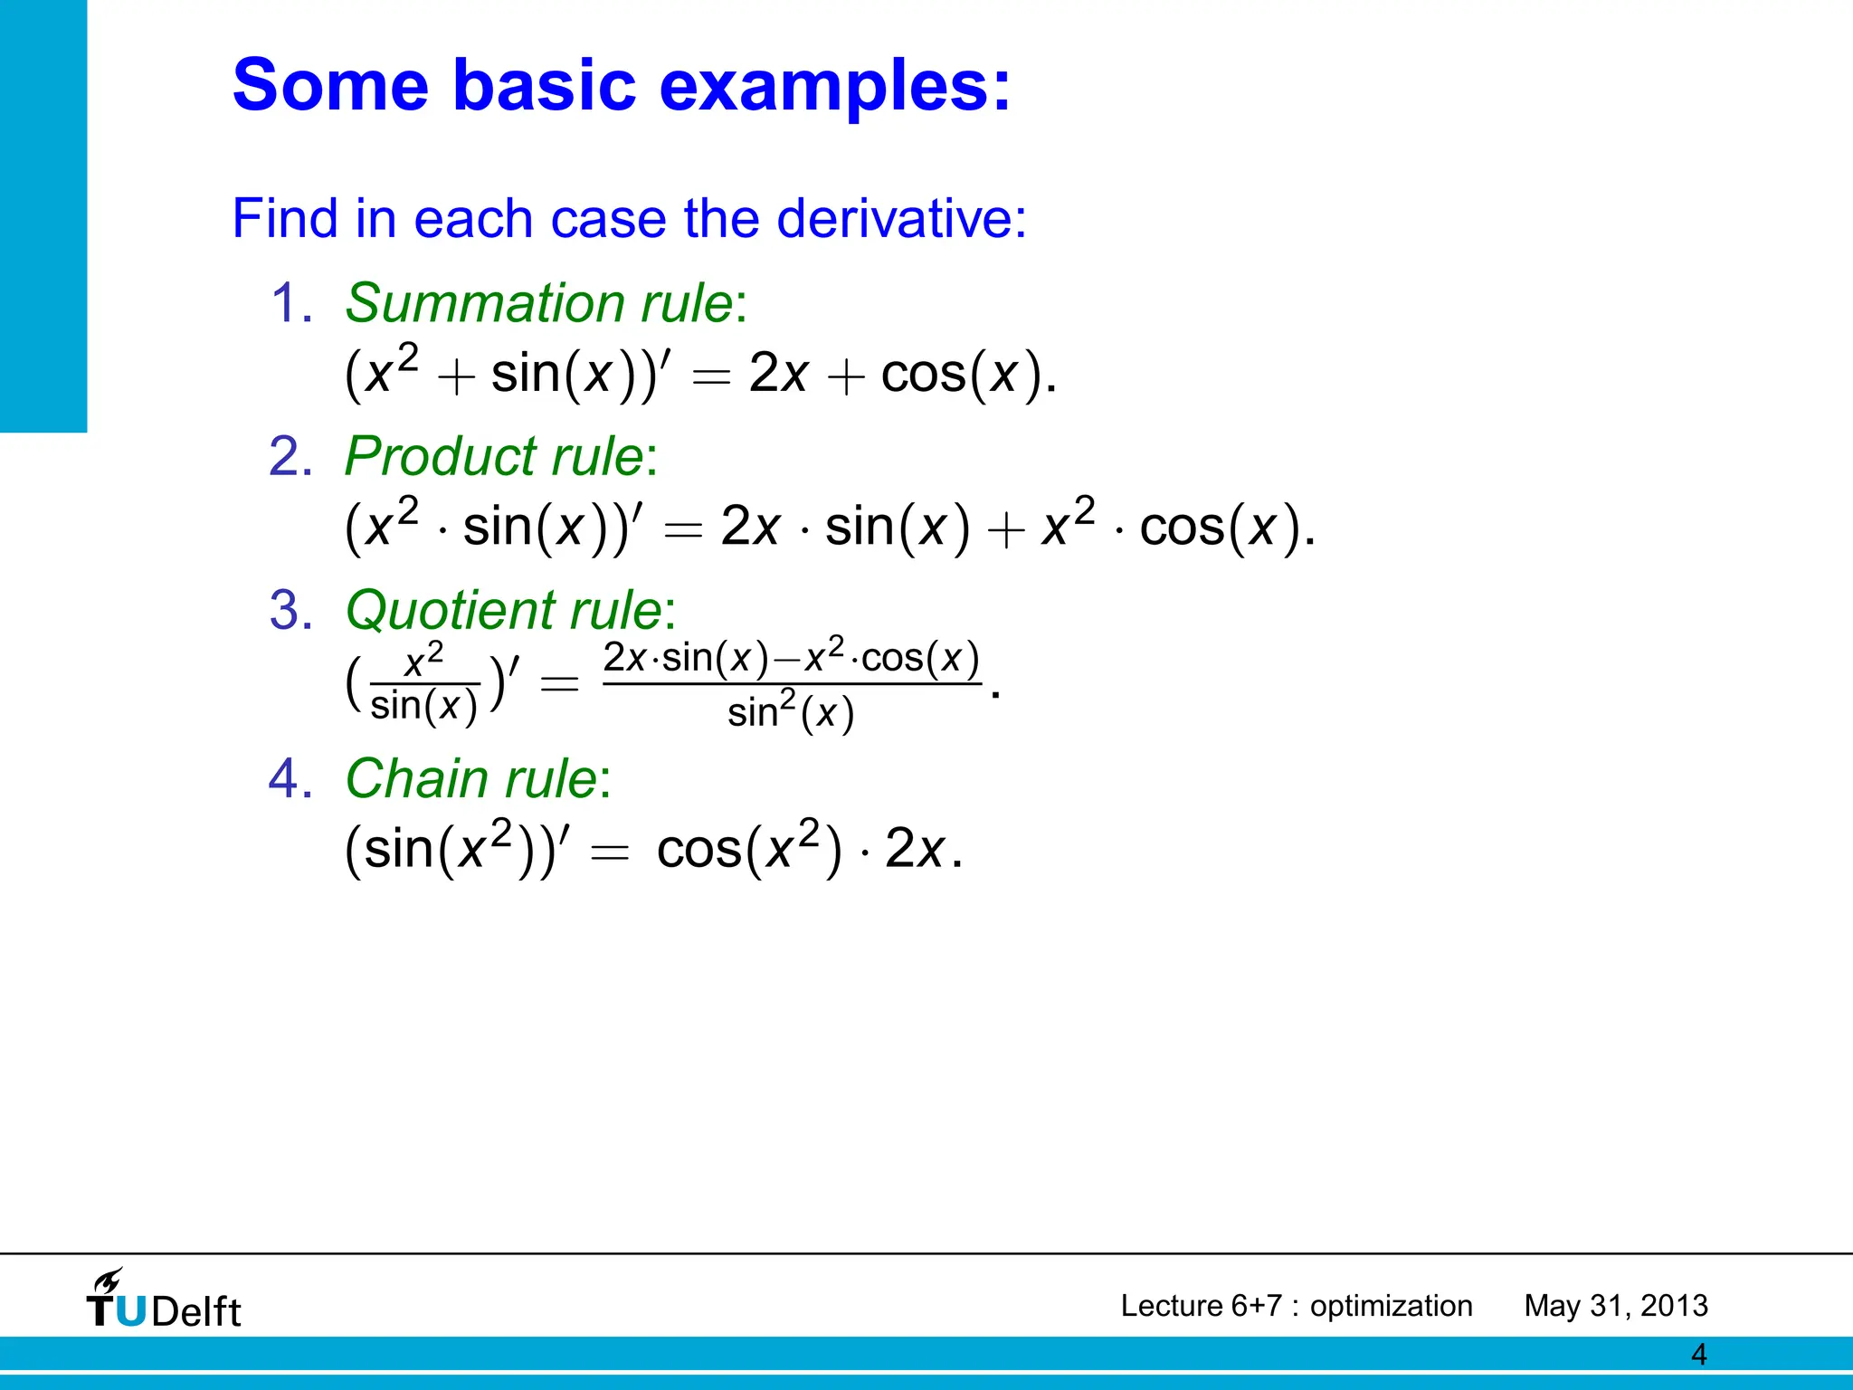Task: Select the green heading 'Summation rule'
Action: click(x=539, y=303)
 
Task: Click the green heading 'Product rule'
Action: click(x=494, y=456)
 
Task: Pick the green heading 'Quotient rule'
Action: click(x=504, y=610)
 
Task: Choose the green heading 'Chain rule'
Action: click(x=471, y=778)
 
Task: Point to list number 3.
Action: click(x=290, y=610)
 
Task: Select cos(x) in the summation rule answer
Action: click(x=962, y=374)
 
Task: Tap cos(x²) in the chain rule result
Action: click(x=749, y=849)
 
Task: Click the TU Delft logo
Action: click(x=165, y=1302)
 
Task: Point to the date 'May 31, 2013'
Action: click(x=1616, y=1306)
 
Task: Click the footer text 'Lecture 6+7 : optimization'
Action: click(x=1296, y=1306)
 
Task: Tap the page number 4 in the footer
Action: click(x=1698, y=1355)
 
